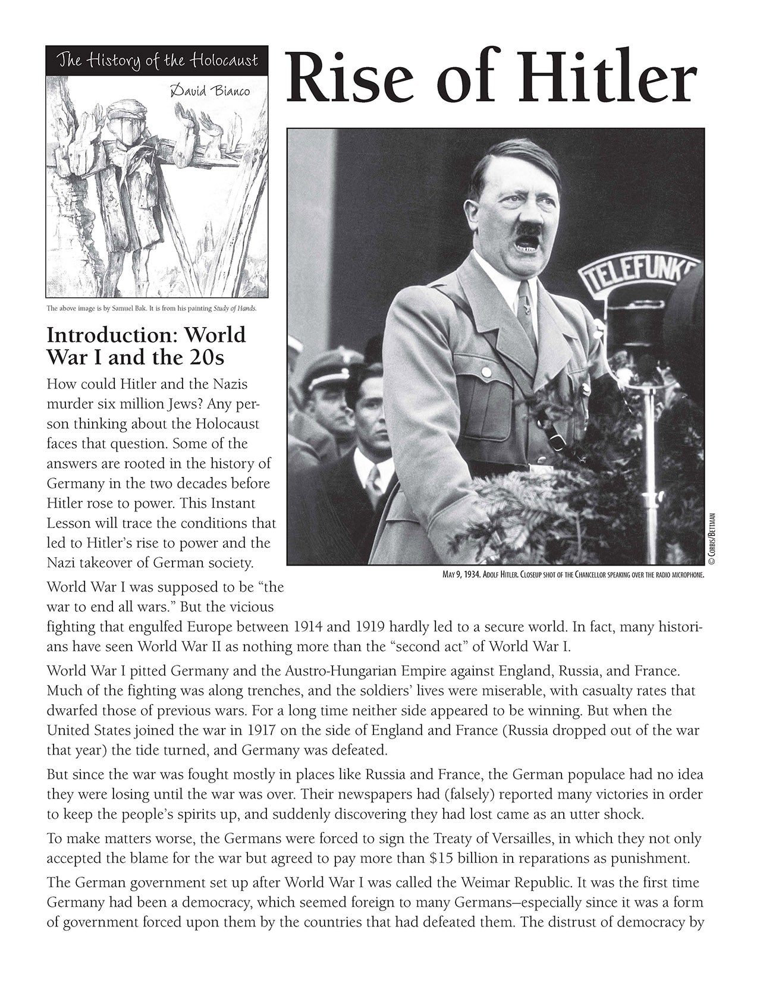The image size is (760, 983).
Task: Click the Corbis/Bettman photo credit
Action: click(711, 530)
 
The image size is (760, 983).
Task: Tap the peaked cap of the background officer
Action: click(331, 366)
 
